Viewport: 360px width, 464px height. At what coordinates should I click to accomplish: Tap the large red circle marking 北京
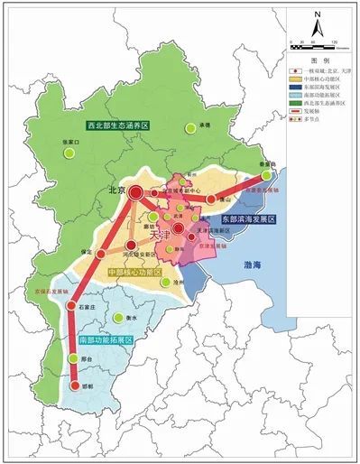[135, 191]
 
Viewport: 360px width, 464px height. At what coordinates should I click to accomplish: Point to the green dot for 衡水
[119, 317]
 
